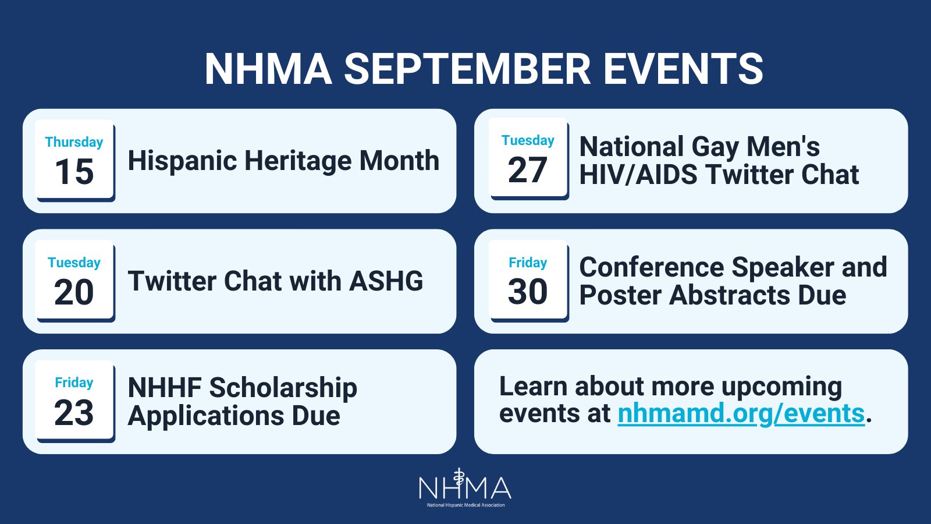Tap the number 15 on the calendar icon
(74, 172)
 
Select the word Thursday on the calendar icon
(74, 142)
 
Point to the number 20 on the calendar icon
(74, 292)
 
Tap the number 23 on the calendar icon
(74, 413)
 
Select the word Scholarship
(283, 388)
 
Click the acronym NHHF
(165, 388)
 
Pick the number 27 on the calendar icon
(527, 171)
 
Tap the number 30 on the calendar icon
(527, 292)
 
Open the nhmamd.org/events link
(741, 413)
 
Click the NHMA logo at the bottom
(465, 488)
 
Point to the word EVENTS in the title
(683, 69)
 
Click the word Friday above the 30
(527, 263)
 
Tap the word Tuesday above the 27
(527, 140)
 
